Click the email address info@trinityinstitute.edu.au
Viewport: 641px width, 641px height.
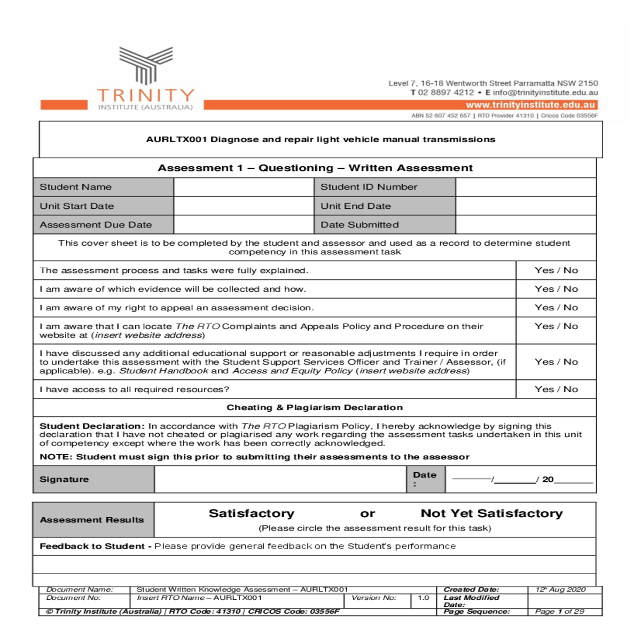coord(545,92)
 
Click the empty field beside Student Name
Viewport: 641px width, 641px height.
coord(244,187)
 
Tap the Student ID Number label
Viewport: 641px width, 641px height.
coord(369,187)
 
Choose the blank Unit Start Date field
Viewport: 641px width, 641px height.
coord(244,206)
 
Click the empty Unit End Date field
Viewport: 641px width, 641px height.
coord(526,206)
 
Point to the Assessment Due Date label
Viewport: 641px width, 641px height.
coord(96,225)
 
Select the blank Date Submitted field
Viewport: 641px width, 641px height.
coord(526,225)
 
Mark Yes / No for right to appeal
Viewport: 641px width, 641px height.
coord(556,308)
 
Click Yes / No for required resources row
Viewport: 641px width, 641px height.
coord(556,389)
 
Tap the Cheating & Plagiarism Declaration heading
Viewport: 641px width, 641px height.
coord(315,408)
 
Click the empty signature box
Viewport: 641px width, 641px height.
coord(280,479)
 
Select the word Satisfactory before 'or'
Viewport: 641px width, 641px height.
coord(252,513)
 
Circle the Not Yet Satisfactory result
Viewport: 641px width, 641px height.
coord(491,513)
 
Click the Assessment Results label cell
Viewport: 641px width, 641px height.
coord(92,520)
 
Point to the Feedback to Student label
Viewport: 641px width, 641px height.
coord(92,546)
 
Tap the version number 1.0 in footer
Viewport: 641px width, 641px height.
coord(424,598)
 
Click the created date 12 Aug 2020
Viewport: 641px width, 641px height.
coord(560,590)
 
